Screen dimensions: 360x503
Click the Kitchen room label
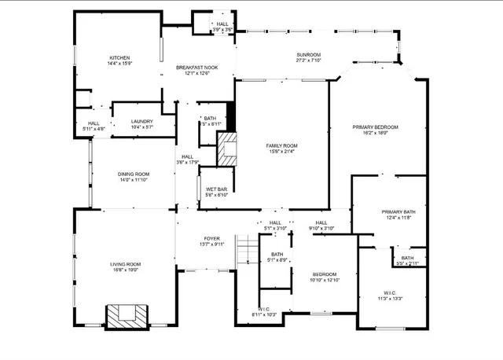tap(119, 61)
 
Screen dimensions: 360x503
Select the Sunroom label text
tap(308, 57)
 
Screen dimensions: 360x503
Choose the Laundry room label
tap(142, 123)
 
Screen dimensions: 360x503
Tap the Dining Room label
tap(134, 177)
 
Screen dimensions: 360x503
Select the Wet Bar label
tap(217, 192)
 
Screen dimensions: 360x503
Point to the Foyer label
tap(212, 241)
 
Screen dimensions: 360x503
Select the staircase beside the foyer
tap(248, 250)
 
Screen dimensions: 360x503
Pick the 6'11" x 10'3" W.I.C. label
tap(264, 312)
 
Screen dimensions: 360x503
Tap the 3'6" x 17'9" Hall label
tap(187, 160)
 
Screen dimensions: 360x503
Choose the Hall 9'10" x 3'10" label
tap(321, 226)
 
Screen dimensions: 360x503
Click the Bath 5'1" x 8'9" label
tap(277, 257)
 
